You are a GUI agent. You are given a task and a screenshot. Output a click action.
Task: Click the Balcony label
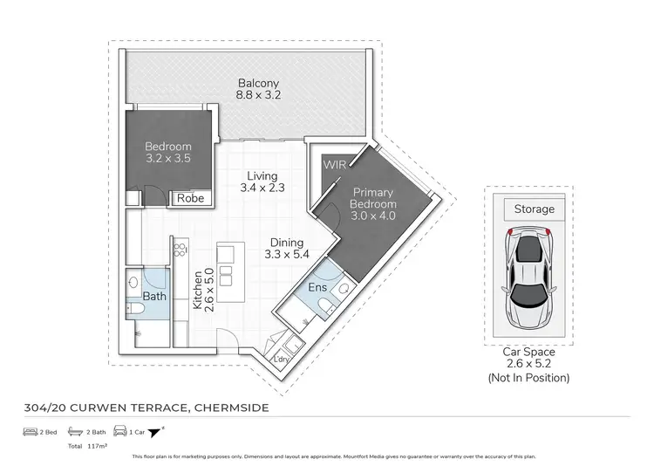(260, 85)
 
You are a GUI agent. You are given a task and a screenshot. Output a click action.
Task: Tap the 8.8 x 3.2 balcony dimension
(260, 96)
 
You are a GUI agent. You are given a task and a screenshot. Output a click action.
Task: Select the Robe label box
(190, 199)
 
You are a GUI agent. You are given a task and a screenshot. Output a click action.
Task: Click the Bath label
(154, 297)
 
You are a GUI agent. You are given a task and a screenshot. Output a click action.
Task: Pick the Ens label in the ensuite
(317, 286)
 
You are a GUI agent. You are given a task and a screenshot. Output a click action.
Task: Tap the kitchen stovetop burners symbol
(181, 256)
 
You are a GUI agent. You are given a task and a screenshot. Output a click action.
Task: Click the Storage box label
(534, 209)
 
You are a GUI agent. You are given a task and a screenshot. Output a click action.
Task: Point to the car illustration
(528, 273)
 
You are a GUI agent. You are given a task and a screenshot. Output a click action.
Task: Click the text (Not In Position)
(528, 378)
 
